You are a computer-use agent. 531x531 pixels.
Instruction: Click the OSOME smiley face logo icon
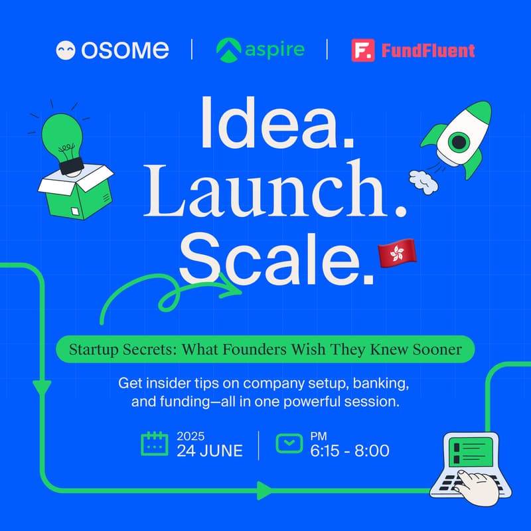65,50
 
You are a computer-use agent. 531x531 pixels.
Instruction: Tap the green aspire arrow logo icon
228,50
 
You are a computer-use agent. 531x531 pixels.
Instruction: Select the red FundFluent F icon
363,50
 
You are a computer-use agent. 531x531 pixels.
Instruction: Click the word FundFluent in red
428,50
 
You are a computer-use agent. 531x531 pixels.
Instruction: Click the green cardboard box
76,191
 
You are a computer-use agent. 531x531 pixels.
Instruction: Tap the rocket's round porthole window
459,141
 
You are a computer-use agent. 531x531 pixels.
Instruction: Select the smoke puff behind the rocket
423,182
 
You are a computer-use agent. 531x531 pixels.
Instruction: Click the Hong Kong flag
397,253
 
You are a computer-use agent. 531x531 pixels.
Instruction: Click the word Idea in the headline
277,123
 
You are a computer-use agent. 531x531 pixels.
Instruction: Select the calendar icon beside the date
155,443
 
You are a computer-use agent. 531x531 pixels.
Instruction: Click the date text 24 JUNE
210,451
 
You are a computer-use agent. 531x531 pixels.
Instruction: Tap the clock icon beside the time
289,443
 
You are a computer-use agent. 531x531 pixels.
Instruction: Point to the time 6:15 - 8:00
350,451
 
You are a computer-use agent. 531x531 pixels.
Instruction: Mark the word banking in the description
380,384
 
